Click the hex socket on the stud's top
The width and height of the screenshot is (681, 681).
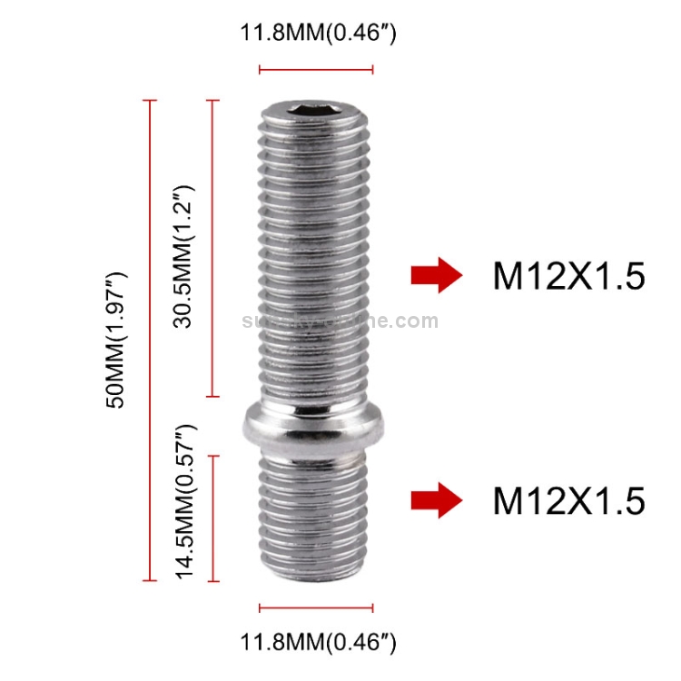[315, 113]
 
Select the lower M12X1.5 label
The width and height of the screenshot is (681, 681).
[568, 500]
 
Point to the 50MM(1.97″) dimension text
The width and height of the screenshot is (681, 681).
[116, 339]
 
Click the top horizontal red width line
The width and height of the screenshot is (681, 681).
[316, 68]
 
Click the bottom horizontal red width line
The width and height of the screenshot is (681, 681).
[316, 607]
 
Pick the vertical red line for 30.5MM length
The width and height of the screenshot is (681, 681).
[213, 248]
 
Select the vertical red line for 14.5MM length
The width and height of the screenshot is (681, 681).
[213, 518]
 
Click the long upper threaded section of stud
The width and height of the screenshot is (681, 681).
[315, 263]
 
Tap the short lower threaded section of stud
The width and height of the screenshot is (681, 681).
[315, 518]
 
